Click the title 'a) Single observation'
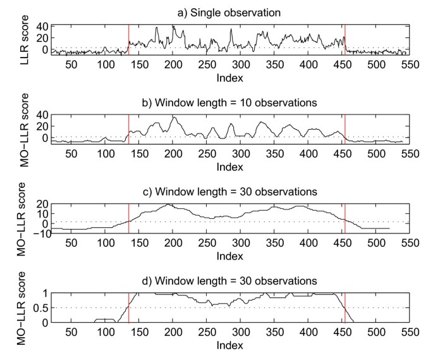click(x=229, y=12)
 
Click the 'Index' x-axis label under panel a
click(x=230, y=78)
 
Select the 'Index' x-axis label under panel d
click(x=230, y=346)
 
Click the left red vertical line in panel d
click(x=129, y=307)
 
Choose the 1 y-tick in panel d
click(x=44, y=294)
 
